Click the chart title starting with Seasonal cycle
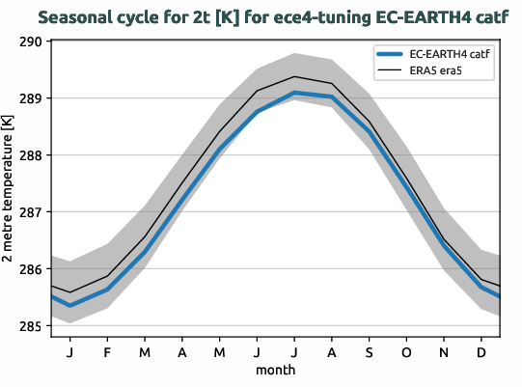point(261,17)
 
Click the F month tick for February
point(106,352)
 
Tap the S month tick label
point(369,352)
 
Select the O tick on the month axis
point(406,352)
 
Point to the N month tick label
point(444,352)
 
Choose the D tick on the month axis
point(481,352)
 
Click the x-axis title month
point(275,370)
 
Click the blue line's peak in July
point(294,93)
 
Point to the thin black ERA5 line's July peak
point(294,76)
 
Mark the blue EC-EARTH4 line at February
point(106,290)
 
